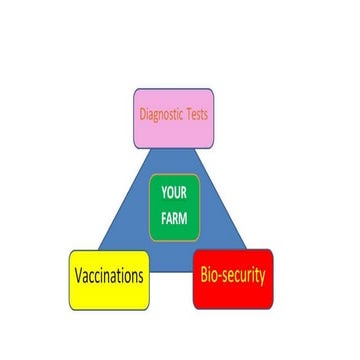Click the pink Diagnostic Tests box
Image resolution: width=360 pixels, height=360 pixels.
click(x=173, y=117)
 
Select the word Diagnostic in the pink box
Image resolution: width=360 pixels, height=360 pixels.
click(x=161, y=114)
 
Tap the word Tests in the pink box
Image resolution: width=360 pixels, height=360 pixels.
click(x=197, y=114)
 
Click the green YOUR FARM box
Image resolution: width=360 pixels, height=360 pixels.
click(x=174, y=207)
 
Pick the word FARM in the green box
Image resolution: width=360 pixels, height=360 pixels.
click(x=174, y=218)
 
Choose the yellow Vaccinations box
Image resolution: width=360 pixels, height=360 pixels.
click(x=109, y=280)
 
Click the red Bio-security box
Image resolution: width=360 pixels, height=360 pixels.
click(x=232, y=278)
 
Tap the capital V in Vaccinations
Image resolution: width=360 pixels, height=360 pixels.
click(x=76, y=276)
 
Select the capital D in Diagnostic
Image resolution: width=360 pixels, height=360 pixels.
click(x=142, y=114)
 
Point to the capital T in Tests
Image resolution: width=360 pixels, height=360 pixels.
click(x=188, y=114)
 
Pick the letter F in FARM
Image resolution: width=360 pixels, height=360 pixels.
click(x=163, y=218)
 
